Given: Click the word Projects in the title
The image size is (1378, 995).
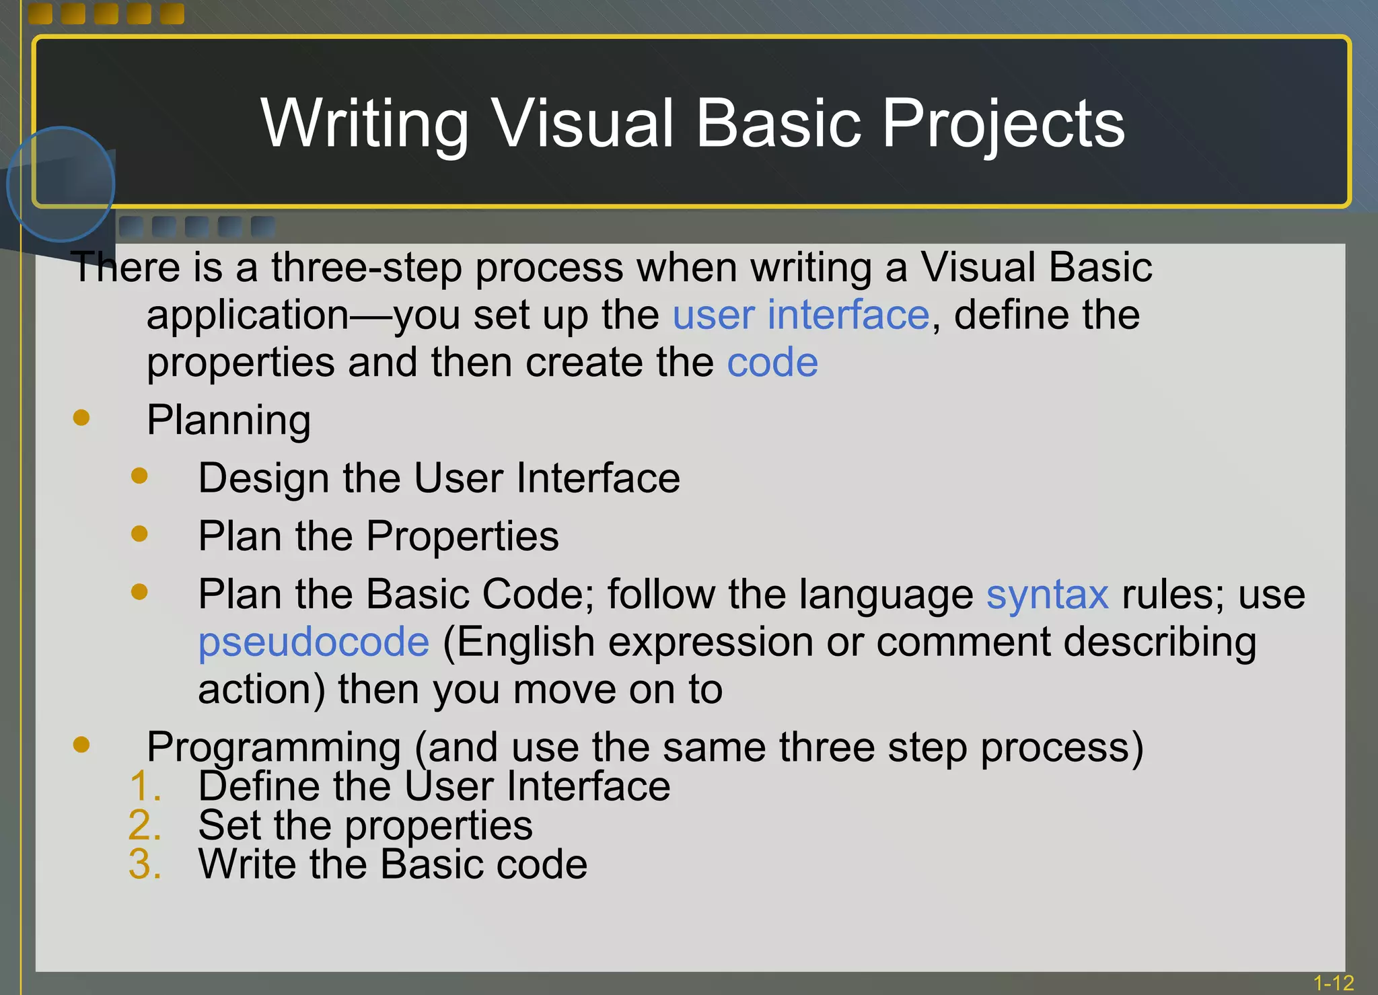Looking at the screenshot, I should [x=1003, y=124].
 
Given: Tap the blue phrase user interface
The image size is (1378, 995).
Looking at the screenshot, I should [x=801, y=315].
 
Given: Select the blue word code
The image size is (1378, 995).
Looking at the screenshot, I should [x=772, y=363].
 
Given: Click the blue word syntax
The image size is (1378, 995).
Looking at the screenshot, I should [x=1047, y=595].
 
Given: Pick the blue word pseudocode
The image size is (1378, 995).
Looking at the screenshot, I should [x=314, y=642].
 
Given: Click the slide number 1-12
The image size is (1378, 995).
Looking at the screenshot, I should [x=1333, y=983].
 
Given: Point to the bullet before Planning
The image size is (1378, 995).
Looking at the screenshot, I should [x=81, y=418].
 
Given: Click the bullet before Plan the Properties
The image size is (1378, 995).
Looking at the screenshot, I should [x=139, y=534].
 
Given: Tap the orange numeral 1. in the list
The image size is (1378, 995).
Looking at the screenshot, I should [x=145, y=786].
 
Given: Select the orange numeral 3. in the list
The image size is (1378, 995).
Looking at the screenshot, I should [x=145, y=864].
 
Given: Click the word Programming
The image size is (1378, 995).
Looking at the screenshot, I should [x=274, y=748].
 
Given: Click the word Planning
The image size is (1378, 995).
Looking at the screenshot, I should [x=229, y=420].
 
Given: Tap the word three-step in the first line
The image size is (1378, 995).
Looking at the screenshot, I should [x=366, y=268].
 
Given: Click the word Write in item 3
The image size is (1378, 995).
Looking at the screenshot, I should [x=247, y=864].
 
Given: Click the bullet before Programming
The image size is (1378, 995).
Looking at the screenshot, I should [x=81, y=744].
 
